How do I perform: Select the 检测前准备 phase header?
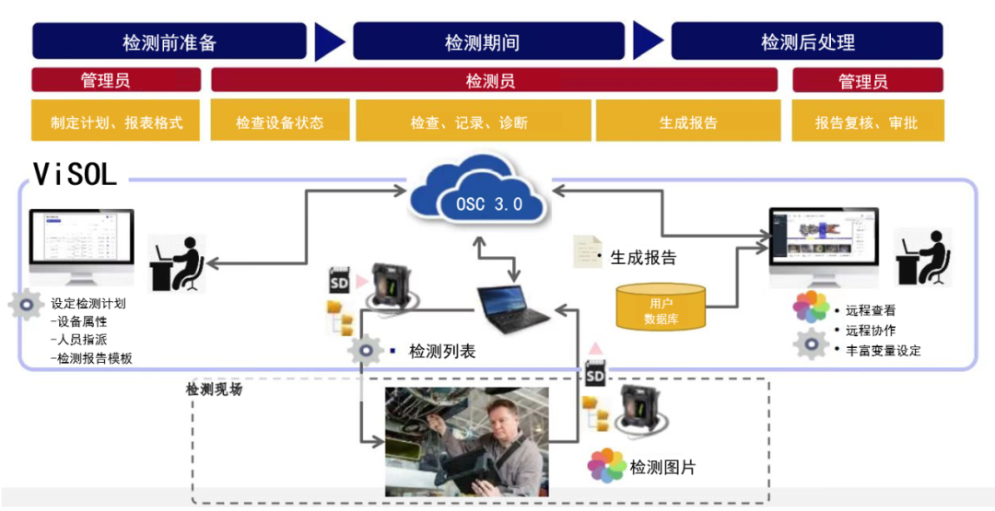pos(170,42)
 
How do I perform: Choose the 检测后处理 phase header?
pos(807,42)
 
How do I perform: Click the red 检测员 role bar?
pos(490,81)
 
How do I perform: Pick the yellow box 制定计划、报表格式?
pos(116,122)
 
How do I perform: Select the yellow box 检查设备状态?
pos(280,122)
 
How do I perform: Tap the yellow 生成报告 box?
pos(688,122)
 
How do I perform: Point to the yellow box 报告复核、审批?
pos(866,122)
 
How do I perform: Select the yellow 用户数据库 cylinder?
pos(661,308)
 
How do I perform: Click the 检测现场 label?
pos(215,389)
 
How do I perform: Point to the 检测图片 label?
pos(662,467)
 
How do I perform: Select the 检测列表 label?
pos(442,351)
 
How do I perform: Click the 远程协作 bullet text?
pos(870,331)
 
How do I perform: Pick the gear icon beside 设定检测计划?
pos(25,305)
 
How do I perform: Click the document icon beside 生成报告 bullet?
pos(582,251)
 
